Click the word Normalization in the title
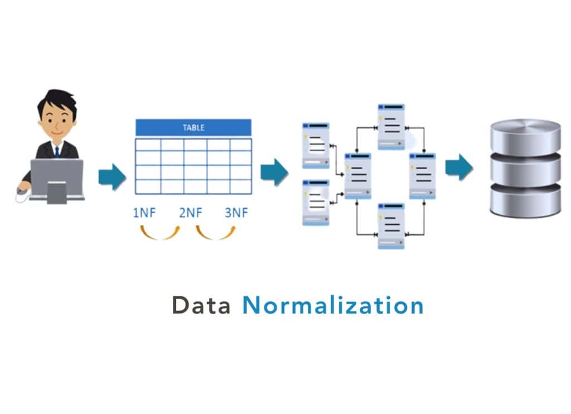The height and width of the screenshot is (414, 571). (x=332, y=306)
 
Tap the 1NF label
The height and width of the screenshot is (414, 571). (x=144, y=212)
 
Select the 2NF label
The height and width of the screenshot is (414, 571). (x=191, y=212)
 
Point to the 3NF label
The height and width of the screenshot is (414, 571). (x=237, y=212)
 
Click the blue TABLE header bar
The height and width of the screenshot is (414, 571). (x=193, y=128)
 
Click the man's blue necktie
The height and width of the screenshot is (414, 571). (x=56, y=151)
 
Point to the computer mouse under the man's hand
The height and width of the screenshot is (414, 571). (x=21, y=191)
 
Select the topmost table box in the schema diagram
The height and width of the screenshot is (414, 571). (x=391, y=126)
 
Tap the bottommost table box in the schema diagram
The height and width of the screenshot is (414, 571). (x=391, y=225)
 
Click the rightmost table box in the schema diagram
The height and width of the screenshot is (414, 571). (x=423, y=175)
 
